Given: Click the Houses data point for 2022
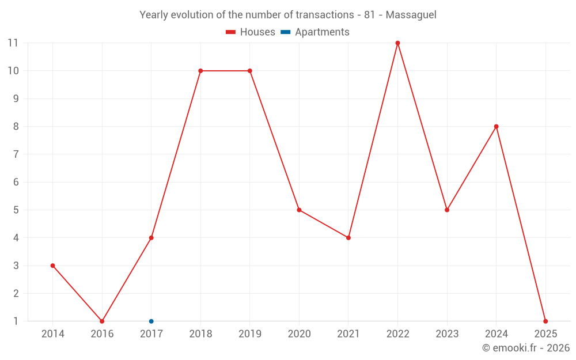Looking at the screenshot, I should pyautogui.click(x=397, y=43).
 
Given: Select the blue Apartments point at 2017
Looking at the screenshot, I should pyautogui.click(x=151, y=321).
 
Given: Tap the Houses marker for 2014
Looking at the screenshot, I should pyautogui.click(x=52, y=266).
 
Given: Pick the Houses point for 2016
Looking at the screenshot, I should pyautogui.click(x=102, y=321).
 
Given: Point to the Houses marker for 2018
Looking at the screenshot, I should pyautogui.click(x=200, y=71).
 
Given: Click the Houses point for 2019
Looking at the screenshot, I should pyautogui.click(x=249, y=71).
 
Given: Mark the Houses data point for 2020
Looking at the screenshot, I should pyautogui.click(x=299, y=210).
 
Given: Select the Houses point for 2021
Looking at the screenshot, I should pyautogui.click(x=348, y=238).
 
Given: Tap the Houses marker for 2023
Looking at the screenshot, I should pyautogui.click(x=447, y=210).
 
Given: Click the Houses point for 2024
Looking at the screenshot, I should pyautogui.click(x=496, y=127).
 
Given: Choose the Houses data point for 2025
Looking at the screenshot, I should pyautogui.click(x=545, y=321).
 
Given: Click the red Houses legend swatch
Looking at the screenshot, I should pyautogui.click(x=230, y=32).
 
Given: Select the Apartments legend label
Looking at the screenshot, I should pyautogui.click(x=322, y=32).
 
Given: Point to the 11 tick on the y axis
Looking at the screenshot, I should pyautogui.click(x=13, y=43).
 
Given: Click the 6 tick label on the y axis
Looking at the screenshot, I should pyautogui.click(x=16, y=182).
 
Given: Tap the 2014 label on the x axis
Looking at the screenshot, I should pyautogui.click(x=52, y=334).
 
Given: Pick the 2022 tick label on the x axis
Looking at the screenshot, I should pyautogui.click(x=397, y=334).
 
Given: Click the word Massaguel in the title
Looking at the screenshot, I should pyautogui.click(x=411, y=15).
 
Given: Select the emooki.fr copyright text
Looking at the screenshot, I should pyautogui.click(x=526, y=348).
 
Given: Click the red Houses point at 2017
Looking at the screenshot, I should pyautogui.click(x=151, y=238).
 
